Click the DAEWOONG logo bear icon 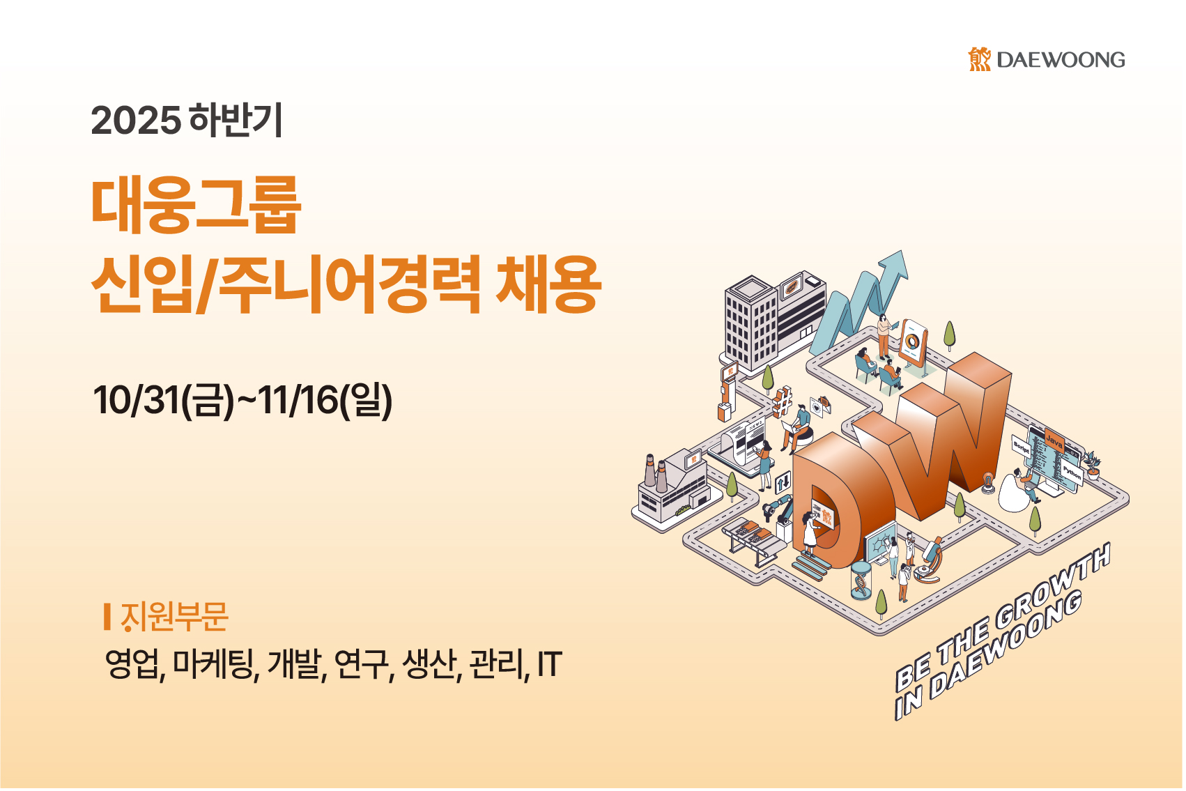[979, 59]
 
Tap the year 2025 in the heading [136, 121]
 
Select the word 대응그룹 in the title [196, 205]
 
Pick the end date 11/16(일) [325, 400]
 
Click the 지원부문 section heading [174, 617]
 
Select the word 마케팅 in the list [216, 664]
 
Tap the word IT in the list [550, 664]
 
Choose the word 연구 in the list [361, 664]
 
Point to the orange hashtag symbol [783, 401]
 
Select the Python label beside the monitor [1072, 473]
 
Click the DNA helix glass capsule [861, 581]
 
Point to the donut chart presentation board [912, 342]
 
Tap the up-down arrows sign [783, 482]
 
